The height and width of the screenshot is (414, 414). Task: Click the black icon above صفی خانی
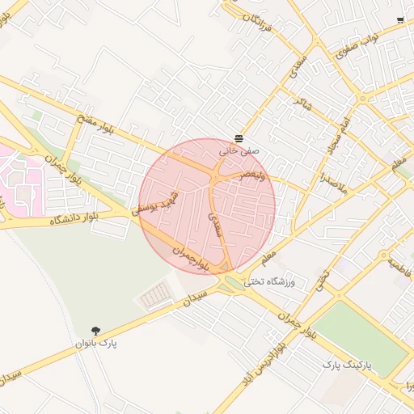coord(239,138)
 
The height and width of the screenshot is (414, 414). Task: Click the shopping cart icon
coord(399,19)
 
